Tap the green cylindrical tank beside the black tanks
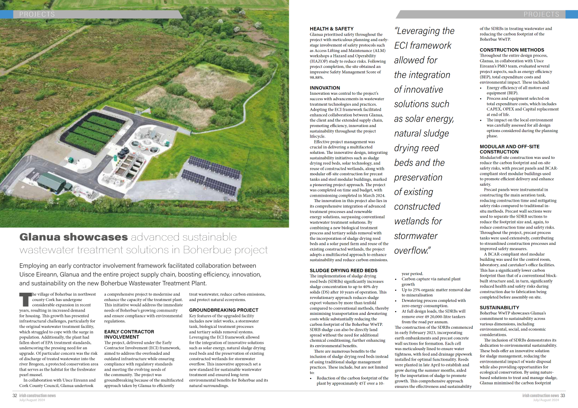point(68,185)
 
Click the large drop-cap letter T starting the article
point(25,299)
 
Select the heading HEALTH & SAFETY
point(332,29)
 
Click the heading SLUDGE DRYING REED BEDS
point(343,270)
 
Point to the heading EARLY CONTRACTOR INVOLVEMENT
point(129,334)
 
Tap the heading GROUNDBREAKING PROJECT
point(223,310)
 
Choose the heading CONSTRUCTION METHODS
point(512,50)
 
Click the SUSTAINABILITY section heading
point(499,308)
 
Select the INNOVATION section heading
point(325,88)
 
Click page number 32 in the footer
point(15,395)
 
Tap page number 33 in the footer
point(563,395)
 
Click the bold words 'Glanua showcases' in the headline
point(73,237)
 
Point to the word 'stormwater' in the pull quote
point(416,236)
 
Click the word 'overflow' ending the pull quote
point(411,251)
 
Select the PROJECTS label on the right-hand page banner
point(541,14)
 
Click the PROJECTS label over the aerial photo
point(37,14)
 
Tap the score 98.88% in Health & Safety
point(316,78)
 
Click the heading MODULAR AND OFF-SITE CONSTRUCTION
point(509,149)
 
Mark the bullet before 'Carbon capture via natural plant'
point(396,279)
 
